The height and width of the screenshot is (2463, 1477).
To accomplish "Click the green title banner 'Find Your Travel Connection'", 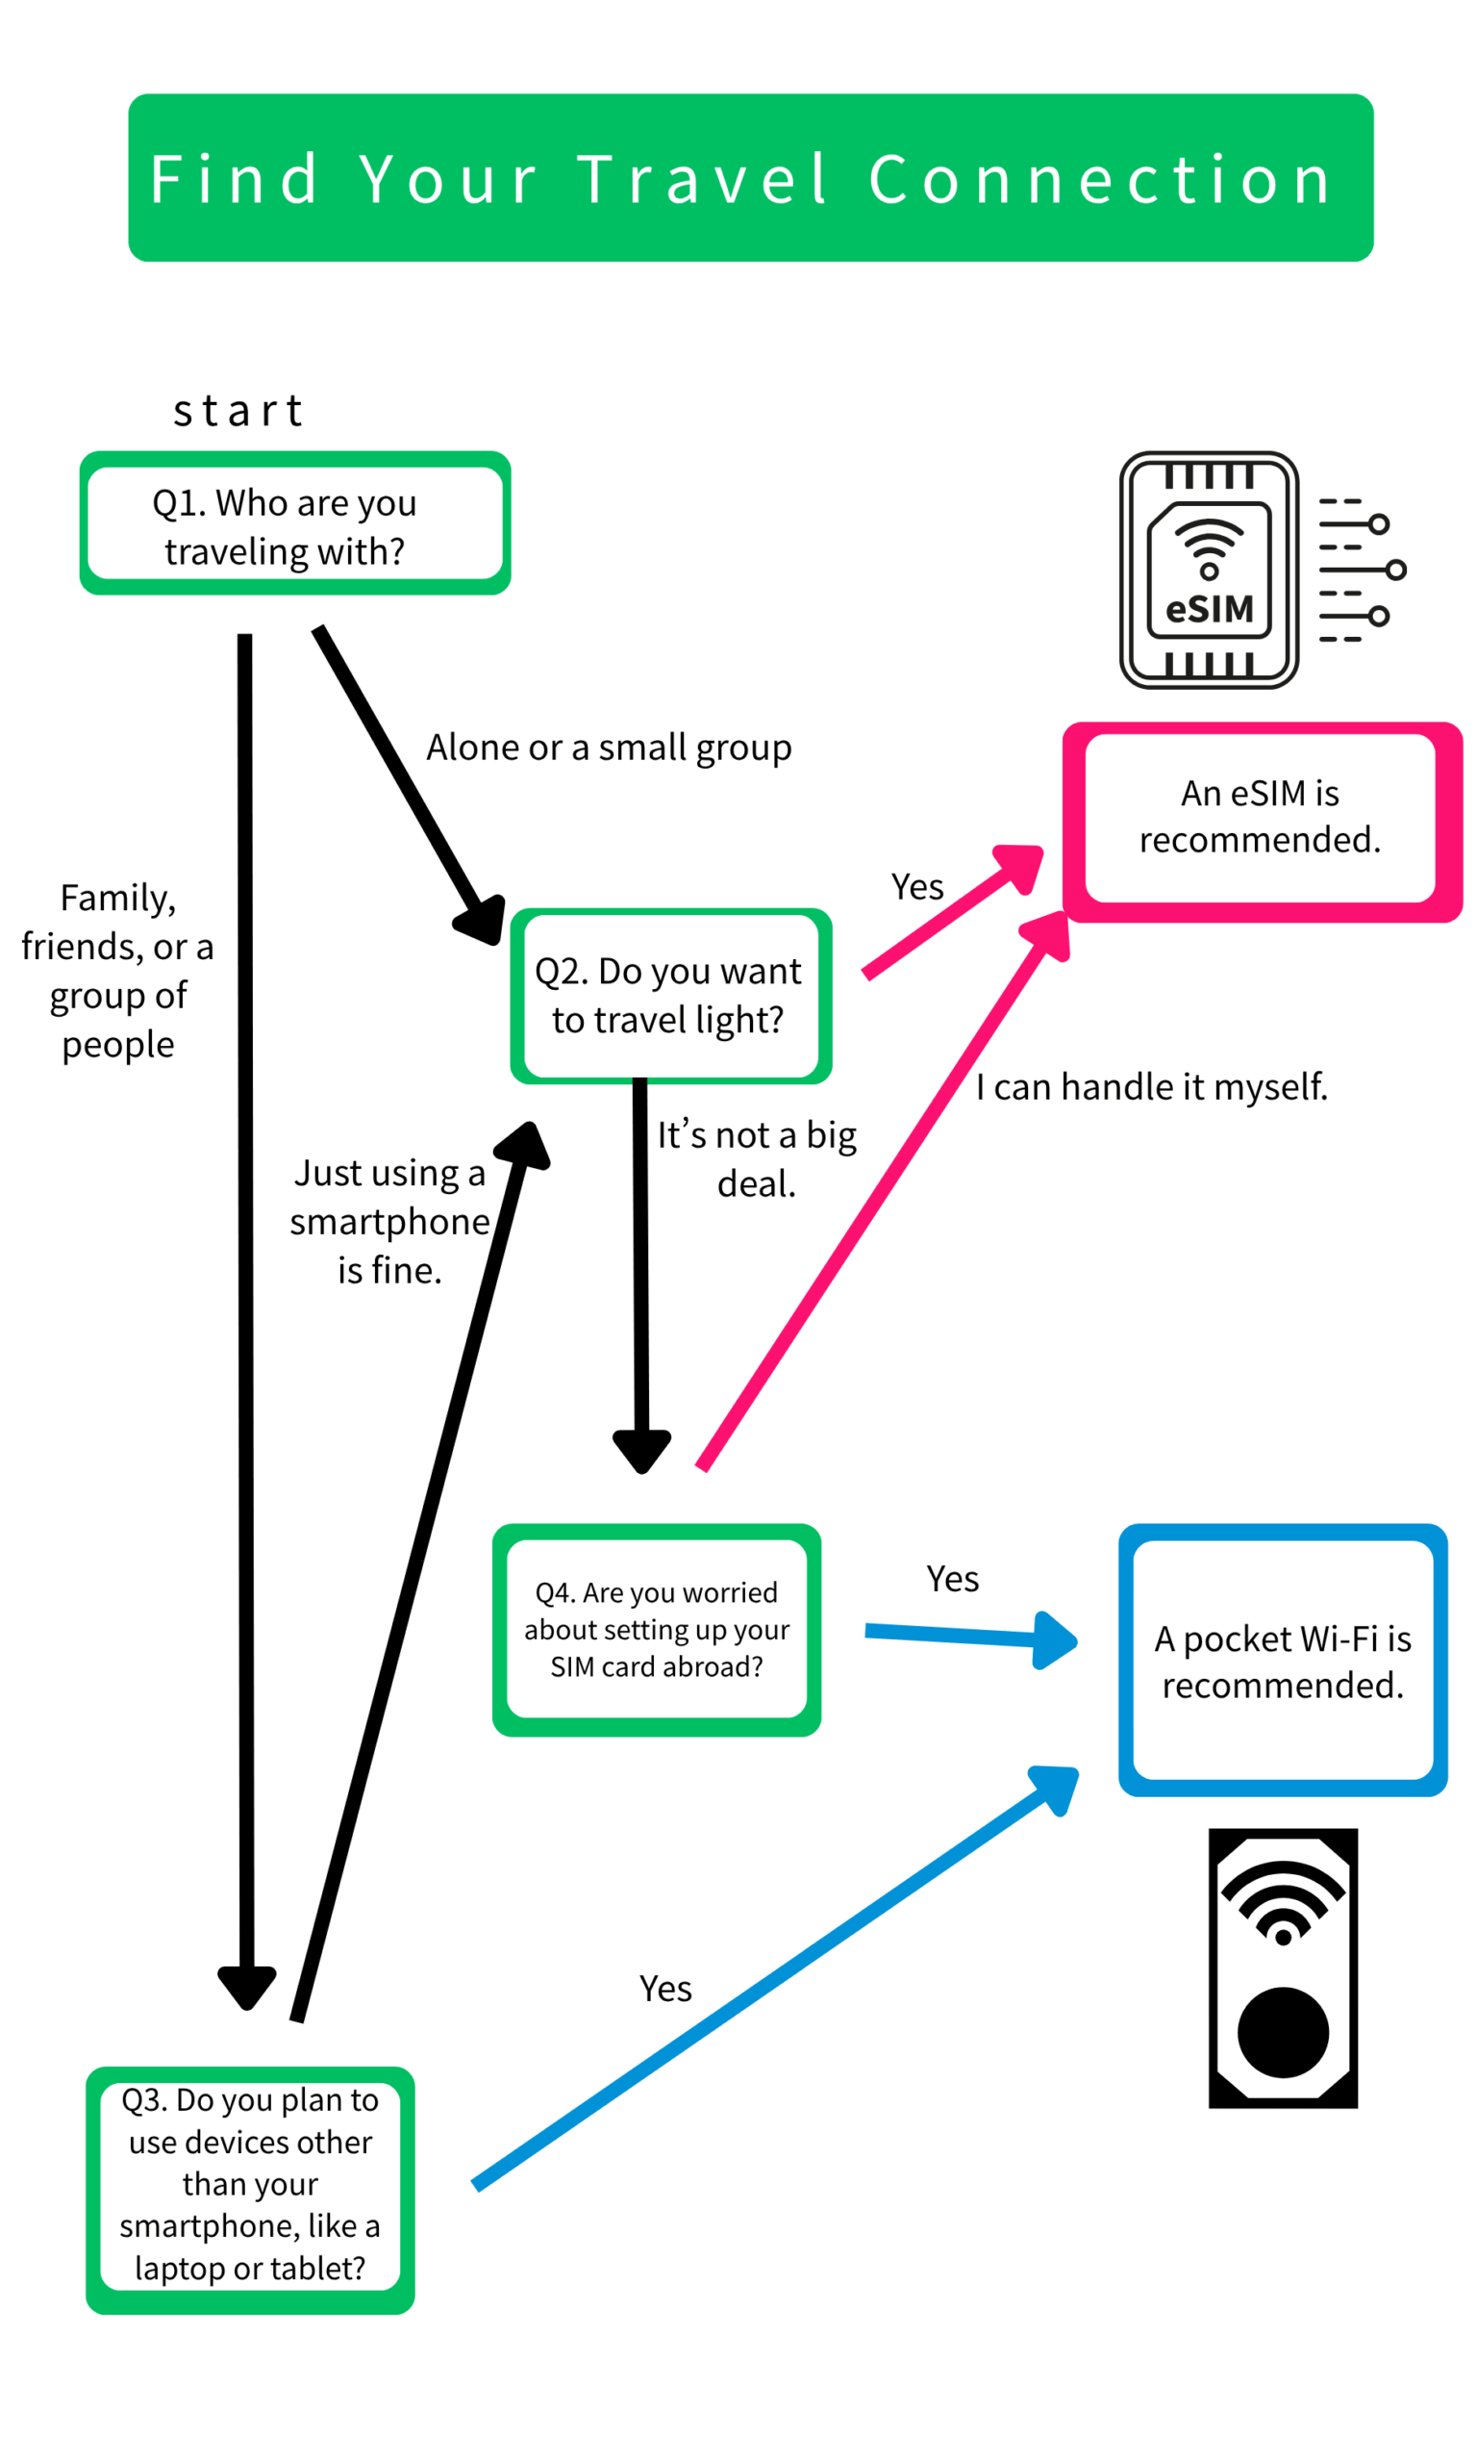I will [750, 178].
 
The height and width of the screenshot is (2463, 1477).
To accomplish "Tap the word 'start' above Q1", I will [238, 410].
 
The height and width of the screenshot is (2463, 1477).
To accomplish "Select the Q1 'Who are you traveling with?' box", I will [294, 523].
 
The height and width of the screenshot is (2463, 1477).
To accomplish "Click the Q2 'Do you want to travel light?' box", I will [670, 996].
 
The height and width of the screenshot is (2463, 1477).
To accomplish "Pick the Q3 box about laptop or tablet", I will [250, 2190].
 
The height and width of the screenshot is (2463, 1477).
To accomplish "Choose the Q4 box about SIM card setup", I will [656, 1630].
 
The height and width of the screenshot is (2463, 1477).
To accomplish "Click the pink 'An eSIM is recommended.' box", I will [1260, 818].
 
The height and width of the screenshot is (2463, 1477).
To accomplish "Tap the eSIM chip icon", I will [1210, 571].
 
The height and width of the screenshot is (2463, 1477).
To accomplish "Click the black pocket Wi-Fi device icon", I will [1283, 1968].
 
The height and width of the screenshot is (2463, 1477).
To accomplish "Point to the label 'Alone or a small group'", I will [609, 748].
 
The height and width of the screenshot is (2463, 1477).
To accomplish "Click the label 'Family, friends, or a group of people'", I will [117, 971].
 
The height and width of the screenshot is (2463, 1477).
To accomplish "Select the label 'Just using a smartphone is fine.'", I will [390, 1221].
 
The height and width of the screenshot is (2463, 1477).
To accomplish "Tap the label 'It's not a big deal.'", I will [757, 1158].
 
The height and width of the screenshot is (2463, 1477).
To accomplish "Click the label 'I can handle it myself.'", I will [1152, 1086].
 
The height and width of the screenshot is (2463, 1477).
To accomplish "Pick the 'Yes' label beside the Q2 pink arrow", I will [916, 886].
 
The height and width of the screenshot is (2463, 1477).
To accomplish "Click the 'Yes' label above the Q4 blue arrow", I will [953, 1578].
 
